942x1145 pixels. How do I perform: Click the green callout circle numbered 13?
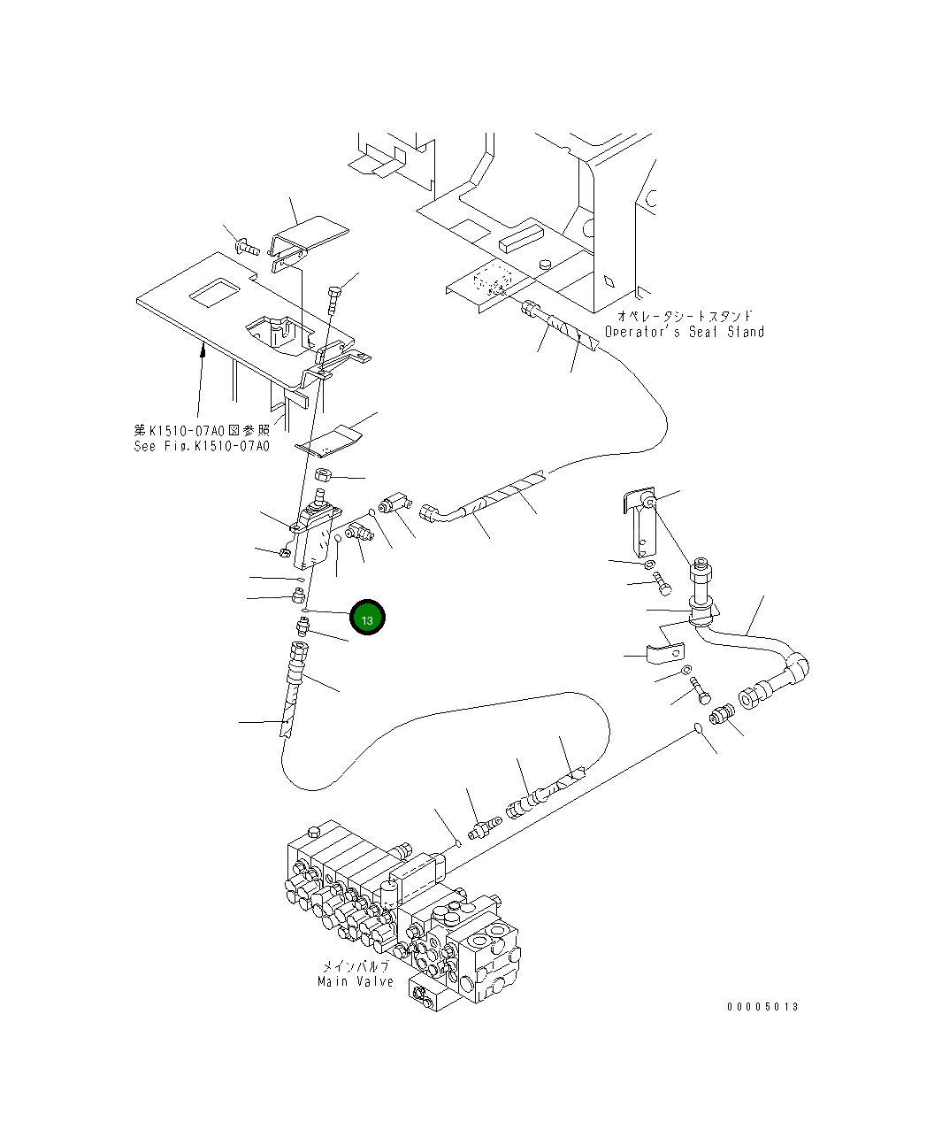[x=367, y=618]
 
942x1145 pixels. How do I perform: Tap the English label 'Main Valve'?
[x=356, y=982]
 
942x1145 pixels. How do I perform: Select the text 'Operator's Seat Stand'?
[x=684, y=332]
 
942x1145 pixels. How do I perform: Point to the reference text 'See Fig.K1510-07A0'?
[x=201, y=446]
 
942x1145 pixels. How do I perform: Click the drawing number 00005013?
[x=762, y=1007]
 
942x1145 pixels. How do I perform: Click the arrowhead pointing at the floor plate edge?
[x=203, y=351]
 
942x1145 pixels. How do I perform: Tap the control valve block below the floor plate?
[x=314, y=535]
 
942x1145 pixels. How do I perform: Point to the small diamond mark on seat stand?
[x=609, y=282]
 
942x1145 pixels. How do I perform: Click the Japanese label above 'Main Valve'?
[x=355, y=966]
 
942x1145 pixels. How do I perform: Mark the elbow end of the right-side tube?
[x=797, y=665]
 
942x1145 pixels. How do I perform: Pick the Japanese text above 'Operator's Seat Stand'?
[x=685, y=316]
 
